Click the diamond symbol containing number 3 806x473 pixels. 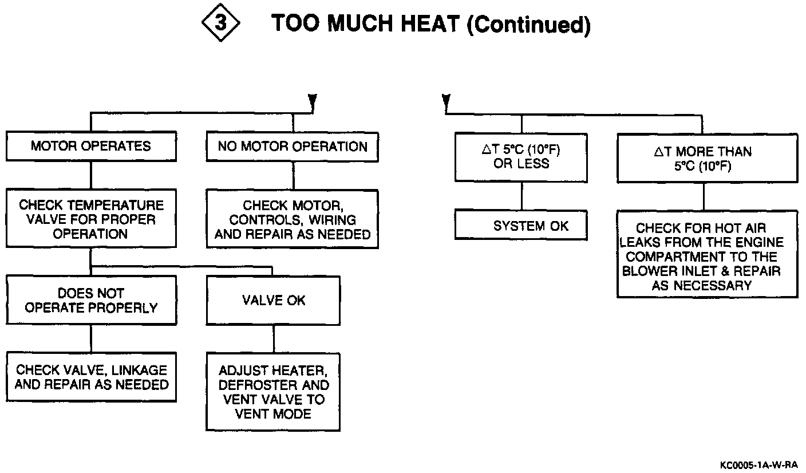pos(220,25)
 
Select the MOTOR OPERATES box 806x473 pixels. pos(91,146)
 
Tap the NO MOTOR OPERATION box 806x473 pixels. pos(293,147)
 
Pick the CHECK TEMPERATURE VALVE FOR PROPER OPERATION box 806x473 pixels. pos(91,220)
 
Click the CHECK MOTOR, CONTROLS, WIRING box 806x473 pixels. pos(293,220)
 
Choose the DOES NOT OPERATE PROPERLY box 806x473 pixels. pos(91,301)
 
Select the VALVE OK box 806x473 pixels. pos(274,301)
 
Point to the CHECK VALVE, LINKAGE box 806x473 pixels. pos(91,377)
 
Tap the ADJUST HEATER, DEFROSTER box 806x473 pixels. pos(274,392)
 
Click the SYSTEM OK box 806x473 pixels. pos(521,226)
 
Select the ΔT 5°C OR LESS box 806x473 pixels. pos(521,157)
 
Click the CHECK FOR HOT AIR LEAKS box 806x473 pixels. pos(707,257)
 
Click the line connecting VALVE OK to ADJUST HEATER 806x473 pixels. pos(274,338)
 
